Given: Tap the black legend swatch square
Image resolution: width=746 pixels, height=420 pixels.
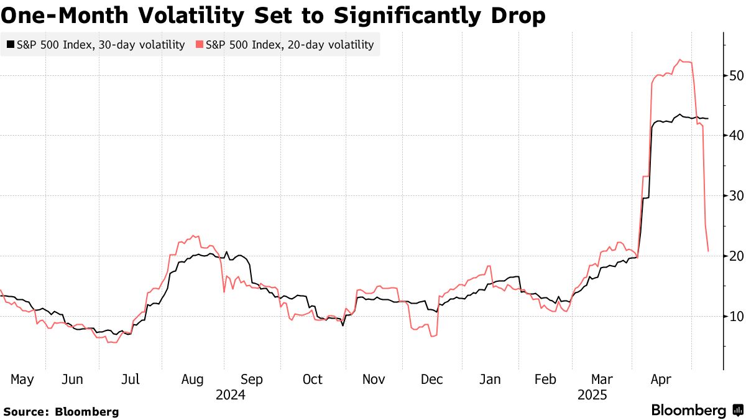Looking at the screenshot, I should pos(10,44).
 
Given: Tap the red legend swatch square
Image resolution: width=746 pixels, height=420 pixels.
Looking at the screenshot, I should pos(199,44).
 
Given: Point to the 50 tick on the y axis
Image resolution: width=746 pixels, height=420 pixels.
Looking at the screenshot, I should pos(737,75).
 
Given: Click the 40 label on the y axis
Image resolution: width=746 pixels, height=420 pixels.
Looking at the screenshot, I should pos(737,136).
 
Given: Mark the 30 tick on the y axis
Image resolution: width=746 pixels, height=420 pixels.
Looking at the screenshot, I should pos(737,196).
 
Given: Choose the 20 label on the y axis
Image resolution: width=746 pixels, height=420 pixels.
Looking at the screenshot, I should pos(737,256).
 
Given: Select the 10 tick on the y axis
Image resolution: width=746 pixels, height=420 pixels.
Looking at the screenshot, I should pos(737,317).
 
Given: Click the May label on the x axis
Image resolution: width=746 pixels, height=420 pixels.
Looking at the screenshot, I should pos(22,380).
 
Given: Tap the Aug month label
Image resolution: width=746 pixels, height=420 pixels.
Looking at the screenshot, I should pos(191,380).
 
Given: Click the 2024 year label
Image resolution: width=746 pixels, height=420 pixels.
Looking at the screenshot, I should pos(230,395).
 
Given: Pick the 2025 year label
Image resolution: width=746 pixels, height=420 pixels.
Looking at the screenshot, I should pos(592,395).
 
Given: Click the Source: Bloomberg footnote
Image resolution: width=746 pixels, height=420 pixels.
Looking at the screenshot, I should pos(61,411).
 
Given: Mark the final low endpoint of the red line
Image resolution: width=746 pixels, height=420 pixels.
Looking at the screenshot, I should pos(709,251).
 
